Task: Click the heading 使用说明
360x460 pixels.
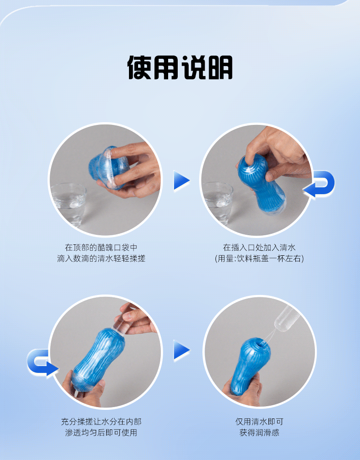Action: coord(180,67)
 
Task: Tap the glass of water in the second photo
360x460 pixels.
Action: coord(218,202)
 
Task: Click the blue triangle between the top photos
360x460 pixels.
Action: coord(181,181)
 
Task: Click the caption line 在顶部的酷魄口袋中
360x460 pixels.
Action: coord(101,248)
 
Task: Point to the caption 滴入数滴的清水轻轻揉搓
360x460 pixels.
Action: coord(101,258)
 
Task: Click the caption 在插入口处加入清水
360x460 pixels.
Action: coord(259,248)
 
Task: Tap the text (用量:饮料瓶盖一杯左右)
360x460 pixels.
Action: coord(259,258)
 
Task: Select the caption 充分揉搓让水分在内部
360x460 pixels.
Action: coord(101,422)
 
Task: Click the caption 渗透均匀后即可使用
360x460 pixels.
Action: coord(101,433)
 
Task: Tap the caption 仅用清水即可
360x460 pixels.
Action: coord(259,422)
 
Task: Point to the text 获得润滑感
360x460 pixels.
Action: coord(259,433)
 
